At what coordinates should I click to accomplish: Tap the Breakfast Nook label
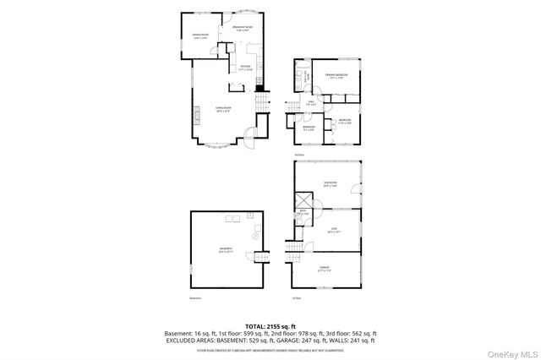[x=243, y=29]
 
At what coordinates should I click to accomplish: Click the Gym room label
[x=334, y=229]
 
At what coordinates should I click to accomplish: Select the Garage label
[x=325, y=270]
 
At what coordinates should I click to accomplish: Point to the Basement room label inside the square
[x=225, y=250]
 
